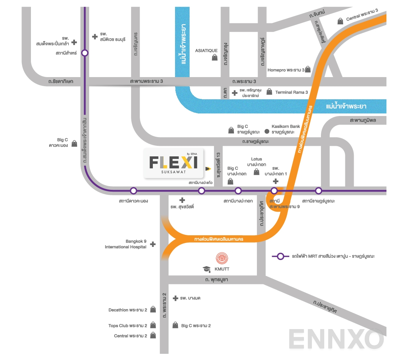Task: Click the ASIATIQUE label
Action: pyautogui.click(x=206, y=51)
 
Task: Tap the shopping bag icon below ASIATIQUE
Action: pyautogui.click(x=215, y=57)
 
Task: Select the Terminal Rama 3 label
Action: pyautogui.click(x=291, y=92)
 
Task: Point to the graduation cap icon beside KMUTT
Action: pyautogui.click(x=207, y=269)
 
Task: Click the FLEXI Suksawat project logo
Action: pyautogui.click(x=174, y=163)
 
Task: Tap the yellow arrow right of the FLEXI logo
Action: pyautogui.click(x=208, y=168)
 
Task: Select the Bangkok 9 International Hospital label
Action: pyautogui.click(x=126, y=244)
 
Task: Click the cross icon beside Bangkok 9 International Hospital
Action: pyautogui.click(x=153, y=244)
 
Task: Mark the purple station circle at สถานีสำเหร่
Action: pyautogui.click(x=85, y=53)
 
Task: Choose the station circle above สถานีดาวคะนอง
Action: pyautogui.click(x=134, y=191)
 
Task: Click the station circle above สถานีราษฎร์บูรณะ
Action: pyautogui.click(x=319, y=191)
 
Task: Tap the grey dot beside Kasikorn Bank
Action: pyautogui.click(x=267, y=131)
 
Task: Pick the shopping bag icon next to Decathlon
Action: pyautogui.click(x=153, y=310)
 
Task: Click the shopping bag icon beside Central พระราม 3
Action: pyautogui.click(x=340, y=21)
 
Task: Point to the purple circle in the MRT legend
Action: pyautogui.click(x=281, y=256)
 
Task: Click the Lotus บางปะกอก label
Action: pyautogui.click(x=257, y=162)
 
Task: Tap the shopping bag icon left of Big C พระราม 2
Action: pyautogui.click(x=175, y=325)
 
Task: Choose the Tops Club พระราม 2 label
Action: pyautogui.click(x=128, y=326)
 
